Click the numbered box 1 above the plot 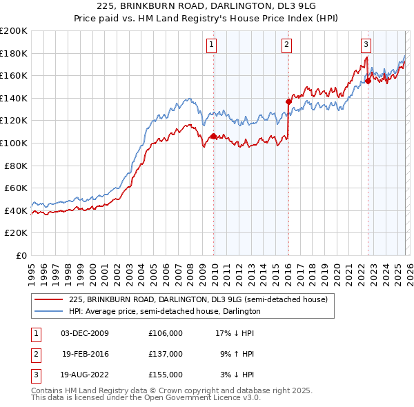point(210,45)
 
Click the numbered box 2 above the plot point(286,45)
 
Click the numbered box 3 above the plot point(366,45)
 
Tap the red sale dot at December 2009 point(213,137)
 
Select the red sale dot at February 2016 point(288,101)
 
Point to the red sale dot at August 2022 point(368,81)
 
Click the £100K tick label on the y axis point(14,143)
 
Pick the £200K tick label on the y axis point(14,31)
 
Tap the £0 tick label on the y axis point(21,255)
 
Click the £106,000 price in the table point(165,333)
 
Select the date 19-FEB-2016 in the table point(86,354)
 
